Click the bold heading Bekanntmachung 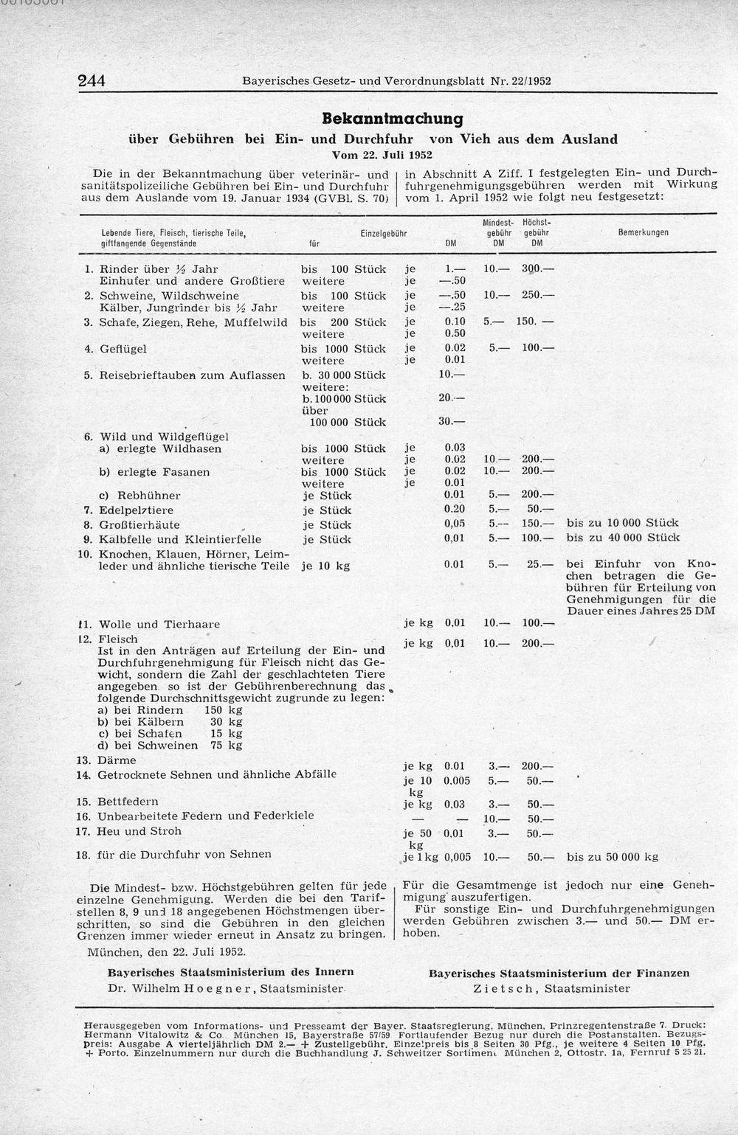pos(393,119)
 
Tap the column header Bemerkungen pos(643,232)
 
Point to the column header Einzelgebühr pos(384,233)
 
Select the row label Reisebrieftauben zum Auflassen pos(192,375)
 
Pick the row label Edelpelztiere pos(137,510)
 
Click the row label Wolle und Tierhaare pos(159,624)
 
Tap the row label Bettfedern pos(128,801)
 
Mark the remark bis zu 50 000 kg pos(613,857)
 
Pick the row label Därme pos(117,760)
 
